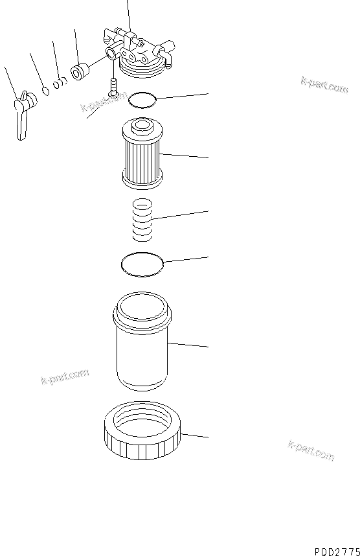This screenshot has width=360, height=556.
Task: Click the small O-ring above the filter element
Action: pyautogui.click(x=142, y=100)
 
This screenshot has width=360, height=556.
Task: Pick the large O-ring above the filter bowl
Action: pyautogui.click(x=142, y=264)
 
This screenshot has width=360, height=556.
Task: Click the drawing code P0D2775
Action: pyautogui.click(x=337, y=551)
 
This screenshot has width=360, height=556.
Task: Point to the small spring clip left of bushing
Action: pyautogui.click(x=60, y=83)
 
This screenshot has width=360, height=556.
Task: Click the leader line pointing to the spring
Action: pyautogui.click(x=181, y=215)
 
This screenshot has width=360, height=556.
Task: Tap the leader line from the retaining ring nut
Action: pyautogui.click(x=194, y=435)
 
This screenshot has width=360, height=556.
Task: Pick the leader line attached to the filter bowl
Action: pyautogui.click(x=188, y=344)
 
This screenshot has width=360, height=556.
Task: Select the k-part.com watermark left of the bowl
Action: pyautogui.click(x=65, y=376)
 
